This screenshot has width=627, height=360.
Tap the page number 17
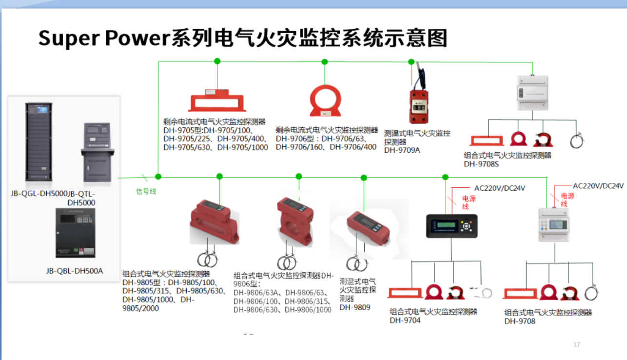pyautogui.click(x=577, y=345)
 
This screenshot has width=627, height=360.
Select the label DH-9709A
pyautogui.click(x=402, y=150)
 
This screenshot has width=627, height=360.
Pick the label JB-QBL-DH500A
pyautogui.click(x=75, y=271)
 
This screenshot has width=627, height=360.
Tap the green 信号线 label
pyautogui.click(x=146, y=192)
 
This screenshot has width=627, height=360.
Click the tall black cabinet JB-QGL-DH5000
pyautogui.click(x=39, y=141)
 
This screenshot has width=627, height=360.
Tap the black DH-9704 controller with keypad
pyautogui.click(x=451, y=226)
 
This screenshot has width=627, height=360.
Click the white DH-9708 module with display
pyautogui.click(x=555, y=224)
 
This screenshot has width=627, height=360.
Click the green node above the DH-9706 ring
pyautogui.click(x=324, y=61)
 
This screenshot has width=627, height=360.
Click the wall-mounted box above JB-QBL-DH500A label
pyautogui.click(x=75, y=233)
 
